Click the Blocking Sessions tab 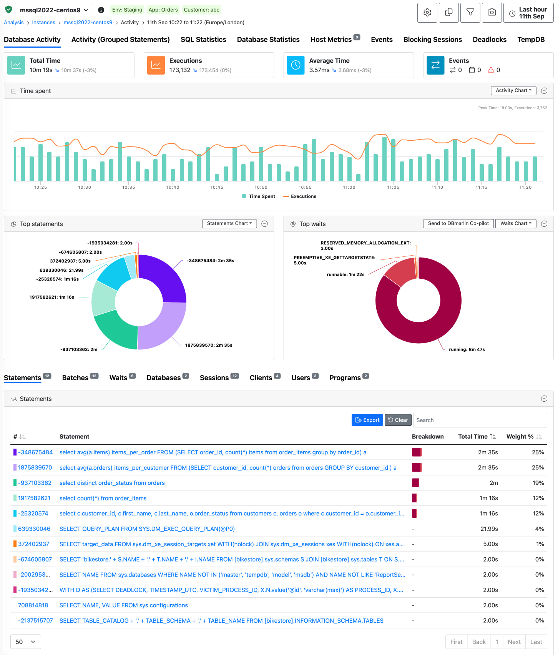(x=432, y=40)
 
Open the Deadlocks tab (x=489, y=40)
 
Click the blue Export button (x=367, y=420)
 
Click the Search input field (x=480, y=420)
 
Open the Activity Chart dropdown (x=513, y=90)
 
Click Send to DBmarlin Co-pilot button (x=458, y=223)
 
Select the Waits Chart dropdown (x=515, y=223)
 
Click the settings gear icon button (x=427, y=13)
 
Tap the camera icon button (x=492, y=13)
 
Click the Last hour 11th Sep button (x=528, y=13)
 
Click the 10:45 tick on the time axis (x=217, y=187)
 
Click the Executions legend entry (x=300, y=196)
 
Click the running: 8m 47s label (x=467, y=349)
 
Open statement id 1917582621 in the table (x=34, y=498)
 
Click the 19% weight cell (x=538, y=483)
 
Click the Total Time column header (x=473, y=437)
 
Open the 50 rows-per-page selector (x=25, y=642)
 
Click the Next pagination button (x=514, y=642)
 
